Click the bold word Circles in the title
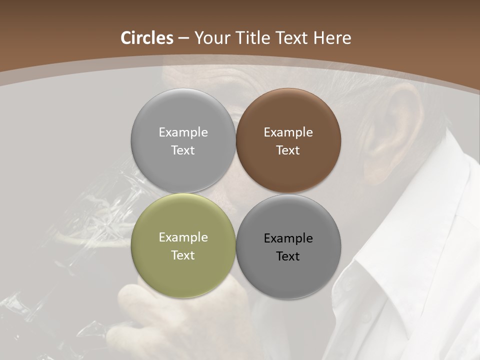pyautogui.click(x=147, y=38)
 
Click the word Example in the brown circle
pyautogui.click(x=288, y=132)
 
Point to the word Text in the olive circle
pyautogui.click(x=183, y=255)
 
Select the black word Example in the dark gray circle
pyautogui.click(x=288, y=238)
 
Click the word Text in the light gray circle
pyautogui.click(x=183, y=150)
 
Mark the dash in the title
pyautogui.click(x=183, y=38)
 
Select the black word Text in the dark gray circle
pyautogui.click(x=288, y=256)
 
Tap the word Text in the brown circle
pyautogui.click(x=288, y=150)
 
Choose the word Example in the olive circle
pyautogui.click(x=183, y=237)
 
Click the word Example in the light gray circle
pyautogui.click(x=183, y=132)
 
